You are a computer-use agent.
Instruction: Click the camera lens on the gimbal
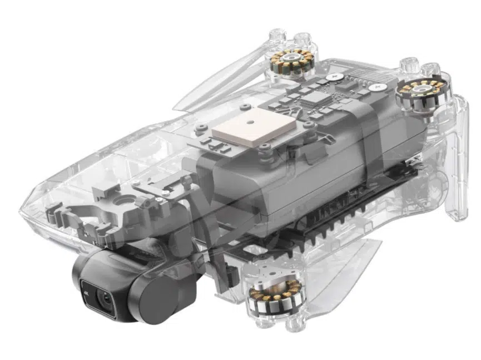106,297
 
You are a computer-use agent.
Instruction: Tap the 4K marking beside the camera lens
86,293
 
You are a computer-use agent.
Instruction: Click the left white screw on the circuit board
334,76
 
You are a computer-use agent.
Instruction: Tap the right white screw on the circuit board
378,87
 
